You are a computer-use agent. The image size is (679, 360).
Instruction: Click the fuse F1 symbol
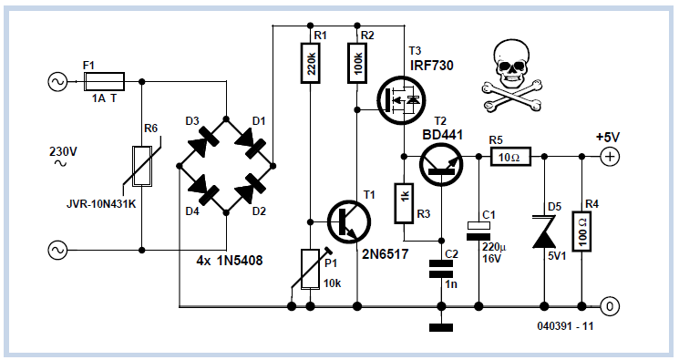(x=104, y=81)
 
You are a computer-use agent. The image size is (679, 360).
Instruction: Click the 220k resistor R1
(x=311, y=62)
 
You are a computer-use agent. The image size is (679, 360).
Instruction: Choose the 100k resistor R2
(x=357, y=62)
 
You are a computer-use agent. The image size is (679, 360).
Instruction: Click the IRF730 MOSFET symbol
(x=401, y=100)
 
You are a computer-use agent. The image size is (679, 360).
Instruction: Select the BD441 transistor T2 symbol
(x=441, y=164)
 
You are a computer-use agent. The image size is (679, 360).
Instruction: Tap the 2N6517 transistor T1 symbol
(x=349, y=221)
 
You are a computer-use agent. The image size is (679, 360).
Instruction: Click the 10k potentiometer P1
(x=310, y=269)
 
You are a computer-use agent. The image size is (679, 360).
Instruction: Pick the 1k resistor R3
(x=404, y=203)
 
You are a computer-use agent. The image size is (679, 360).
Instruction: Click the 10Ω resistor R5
(x=510, y=157)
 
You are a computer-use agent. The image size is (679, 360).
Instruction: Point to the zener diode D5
(x=544, y=232)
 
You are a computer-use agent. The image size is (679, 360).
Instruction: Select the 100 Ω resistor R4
(x=582, y=231)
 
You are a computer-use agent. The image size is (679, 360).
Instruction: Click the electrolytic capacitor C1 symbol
(x=478, y=231)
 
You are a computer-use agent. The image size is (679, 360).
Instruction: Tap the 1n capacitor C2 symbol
(x=441, y=269)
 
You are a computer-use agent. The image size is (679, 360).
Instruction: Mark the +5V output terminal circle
(x=610, y=157)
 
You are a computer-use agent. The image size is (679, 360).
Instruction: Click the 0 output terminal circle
(x=610, y=306)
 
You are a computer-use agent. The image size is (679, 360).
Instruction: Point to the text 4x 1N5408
(x=230, y=261)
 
